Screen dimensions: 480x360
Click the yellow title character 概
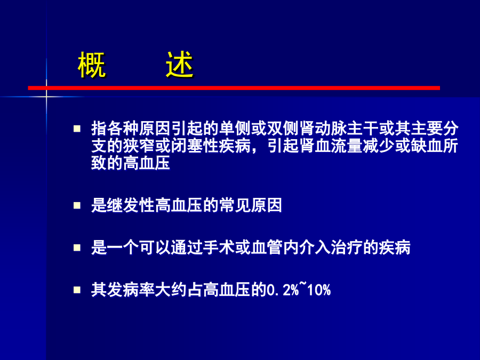[92, 65]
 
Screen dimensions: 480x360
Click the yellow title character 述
[180, 65]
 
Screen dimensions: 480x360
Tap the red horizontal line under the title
[234, 88]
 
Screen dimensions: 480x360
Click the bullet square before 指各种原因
[77, 128]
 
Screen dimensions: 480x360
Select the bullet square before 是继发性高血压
[77, 205]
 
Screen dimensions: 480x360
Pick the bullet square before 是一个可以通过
[77, 247]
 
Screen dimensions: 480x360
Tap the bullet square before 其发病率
[77, 290]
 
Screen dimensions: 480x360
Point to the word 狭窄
[139, 146]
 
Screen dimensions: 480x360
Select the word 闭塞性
[195, 146]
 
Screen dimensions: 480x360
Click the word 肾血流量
[331, 146]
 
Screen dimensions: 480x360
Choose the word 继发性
[131, 205]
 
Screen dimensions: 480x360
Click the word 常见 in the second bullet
[235, 205]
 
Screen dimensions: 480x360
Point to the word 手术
[219, 247]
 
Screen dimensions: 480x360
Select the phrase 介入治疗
[331, 247]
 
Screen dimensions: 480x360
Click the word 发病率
[131, 290]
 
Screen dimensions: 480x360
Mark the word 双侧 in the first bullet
[283, 129]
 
